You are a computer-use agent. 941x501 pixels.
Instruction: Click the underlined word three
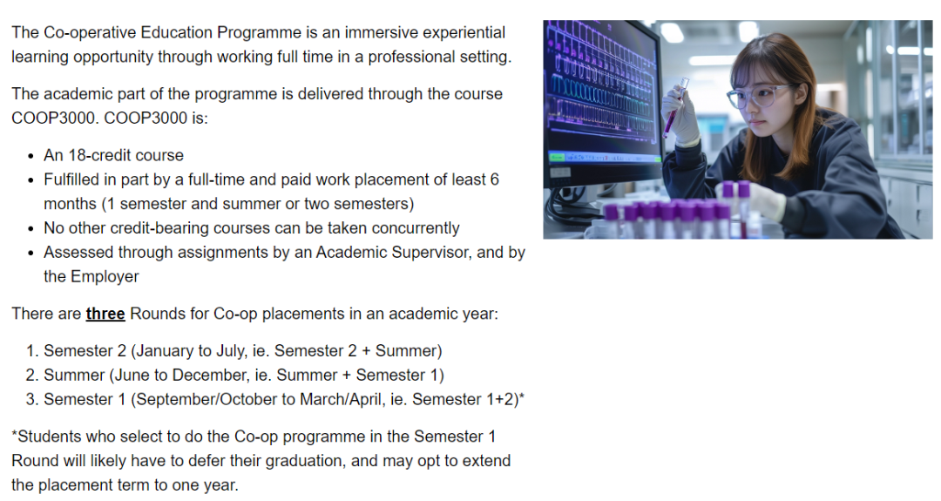coord(105,314)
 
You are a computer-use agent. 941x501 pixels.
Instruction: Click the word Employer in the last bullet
coord(105,276)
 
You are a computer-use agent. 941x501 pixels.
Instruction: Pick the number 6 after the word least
coord(494,180)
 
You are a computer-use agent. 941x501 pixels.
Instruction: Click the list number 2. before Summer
coord(32,376)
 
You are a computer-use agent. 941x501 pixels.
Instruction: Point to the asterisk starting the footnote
coord(15,434)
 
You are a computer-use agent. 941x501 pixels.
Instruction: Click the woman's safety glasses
coord(756,95)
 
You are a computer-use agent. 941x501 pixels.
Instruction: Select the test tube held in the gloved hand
coord(675,107)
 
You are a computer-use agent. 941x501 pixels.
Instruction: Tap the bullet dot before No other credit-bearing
coord(30,229)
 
